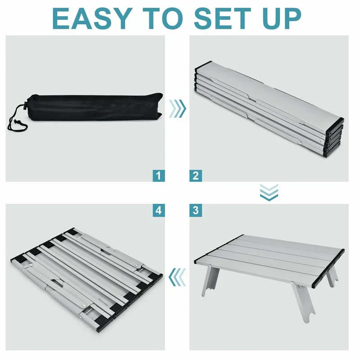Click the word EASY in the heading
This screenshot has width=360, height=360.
93,18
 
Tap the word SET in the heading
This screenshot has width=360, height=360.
222,18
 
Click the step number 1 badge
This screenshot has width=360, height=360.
159,176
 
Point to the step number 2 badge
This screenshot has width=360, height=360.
196,176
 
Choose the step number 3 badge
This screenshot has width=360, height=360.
196,210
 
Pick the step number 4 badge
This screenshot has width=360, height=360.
159,210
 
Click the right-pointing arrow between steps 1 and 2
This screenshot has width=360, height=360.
177,108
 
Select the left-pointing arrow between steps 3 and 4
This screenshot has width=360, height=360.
177,277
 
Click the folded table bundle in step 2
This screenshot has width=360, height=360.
269,109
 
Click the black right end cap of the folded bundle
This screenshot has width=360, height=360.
334,137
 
